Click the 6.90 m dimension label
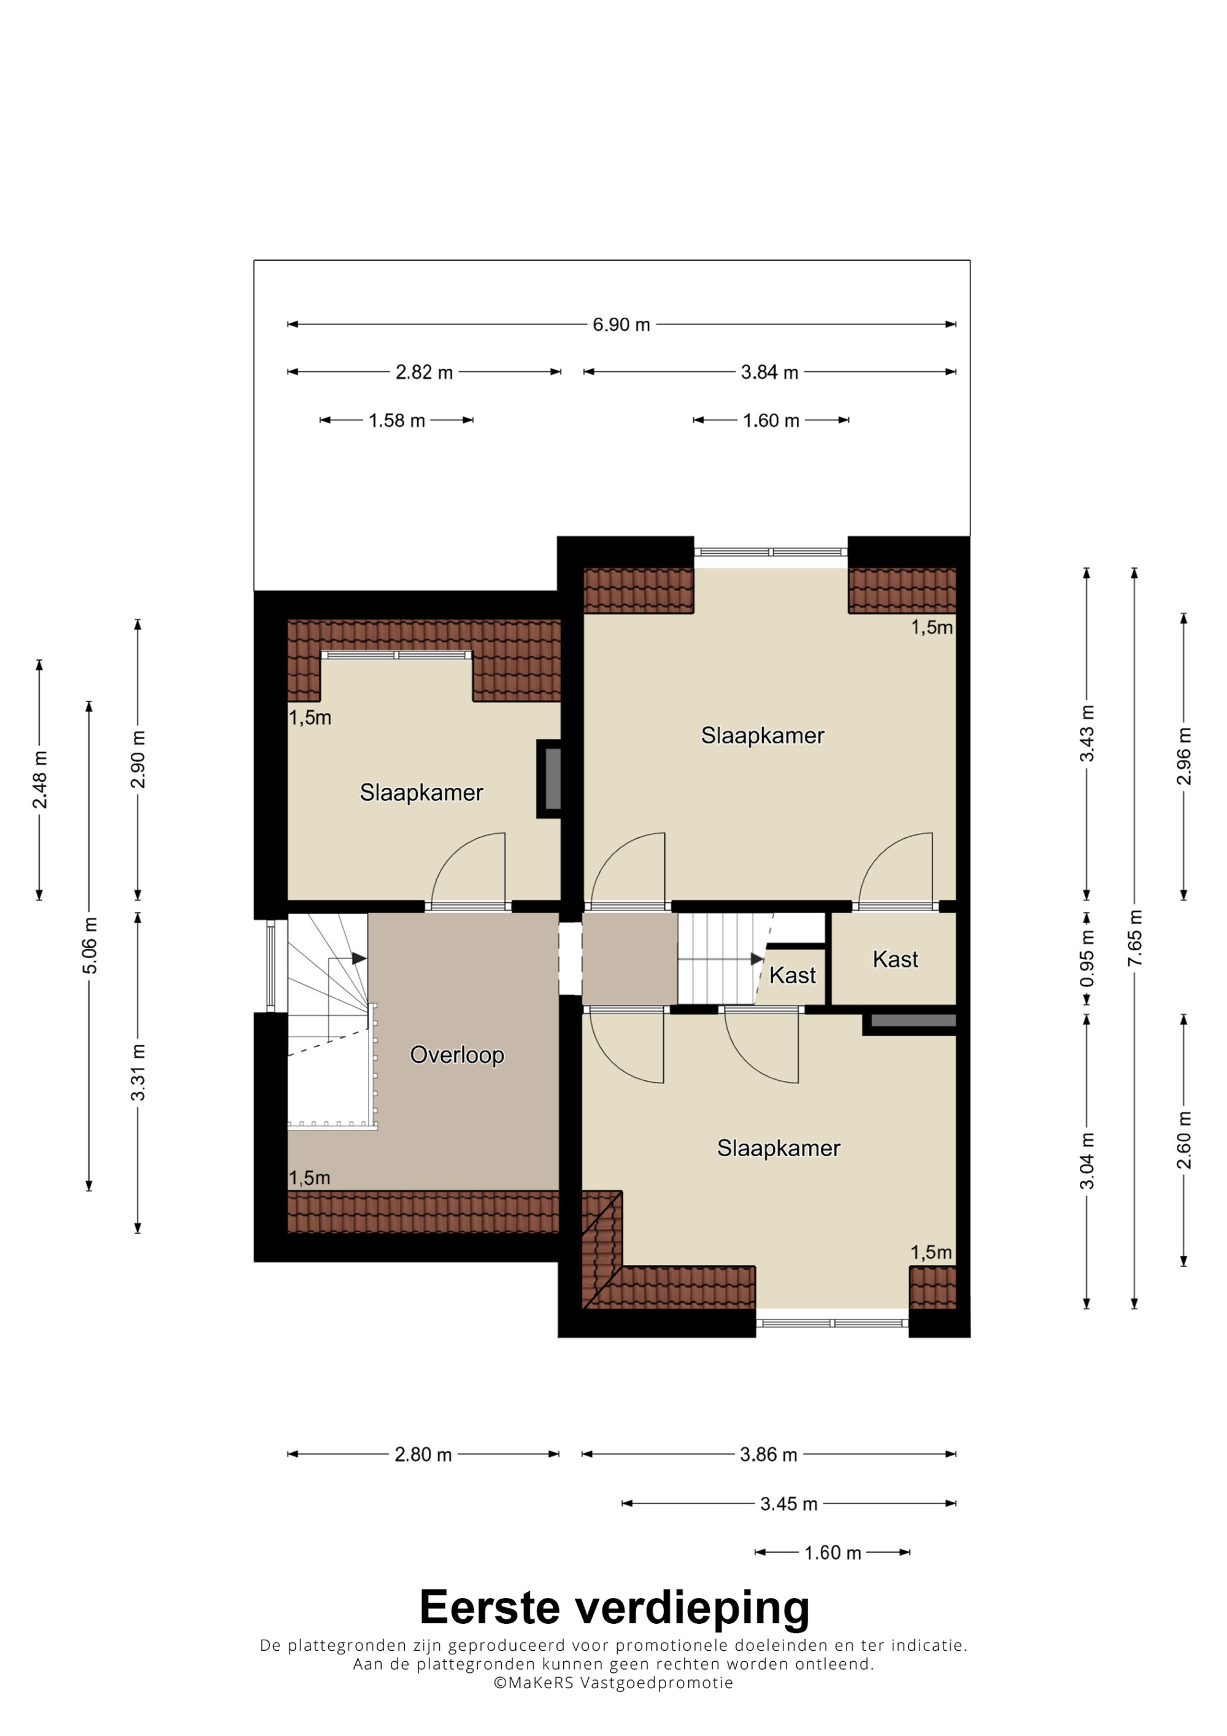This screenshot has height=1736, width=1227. pyautogui.click(x=621, y=325)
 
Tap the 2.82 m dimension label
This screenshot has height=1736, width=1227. pyautogui.click(x=424, y=372)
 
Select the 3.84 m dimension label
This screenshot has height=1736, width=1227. pyautogui.click(x=769, y=372)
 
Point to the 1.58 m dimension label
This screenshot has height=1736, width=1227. pyautogui.click(x=397, y=420)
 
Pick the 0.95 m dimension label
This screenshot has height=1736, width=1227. pyautogui.click(x=1087, y=959)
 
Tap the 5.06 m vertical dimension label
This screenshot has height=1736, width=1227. pyautogui.click(x=89, y=945)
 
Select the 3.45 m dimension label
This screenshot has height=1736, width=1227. pyautogui.click(x=788, y=1504)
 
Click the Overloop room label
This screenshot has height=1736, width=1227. pyautogui.click(x=456, y=1054)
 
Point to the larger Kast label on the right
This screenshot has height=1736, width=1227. pyautogui.click(x=895, y=959)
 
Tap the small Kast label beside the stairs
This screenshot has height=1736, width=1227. pyautogui.click(x=792, y=975)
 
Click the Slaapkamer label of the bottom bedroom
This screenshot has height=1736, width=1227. pyautogui.click(x=779, y=1148)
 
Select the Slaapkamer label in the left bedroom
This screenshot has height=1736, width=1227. pyautogui.click(x=421, y=793)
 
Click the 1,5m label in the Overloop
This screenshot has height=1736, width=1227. pyautogui.click(x=310, y=1178)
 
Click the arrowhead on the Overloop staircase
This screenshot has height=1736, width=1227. pyautogui.click(x=359, y=959)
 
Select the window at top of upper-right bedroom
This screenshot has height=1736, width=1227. pyautogui.click(x=771, y=552)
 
